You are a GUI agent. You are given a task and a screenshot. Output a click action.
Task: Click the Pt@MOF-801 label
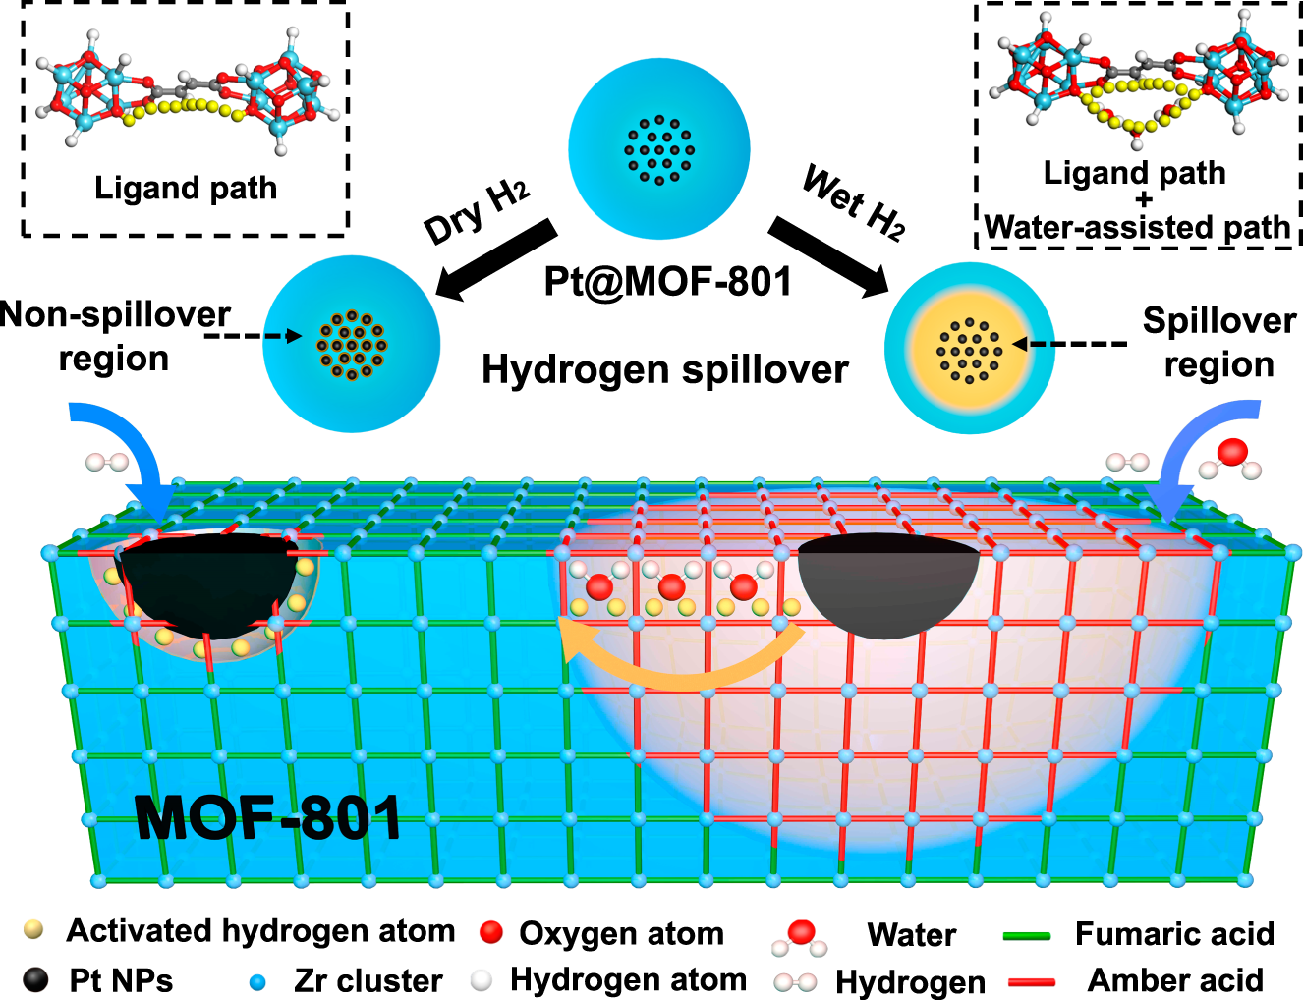pos(667,282)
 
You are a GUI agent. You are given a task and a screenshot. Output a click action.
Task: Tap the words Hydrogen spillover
pos(664,369)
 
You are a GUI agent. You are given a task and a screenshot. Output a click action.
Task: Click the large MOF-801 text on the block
pos(268,817)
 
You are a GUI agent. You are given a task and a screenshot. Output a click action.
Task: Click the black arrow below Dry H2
pos(496,259)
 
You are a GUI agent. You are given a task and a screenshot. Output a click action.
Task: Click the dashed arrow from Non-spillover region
pos(254,336)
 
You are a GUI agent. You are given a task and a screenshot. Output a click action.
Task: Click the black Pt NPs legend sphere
pos(35,979)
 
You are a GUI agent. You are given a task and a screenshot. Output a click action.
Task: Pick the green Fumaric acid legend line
pos(1027,936)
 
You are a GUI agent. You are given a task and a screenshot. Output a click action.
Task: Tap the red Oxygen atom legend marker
pos(491,932)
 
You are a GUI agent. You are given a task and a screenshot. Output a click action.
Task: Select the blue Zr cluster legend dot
pos(257,981)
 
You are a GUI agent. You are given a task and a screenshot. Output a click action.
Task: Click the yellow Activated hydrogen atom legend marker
pos(34,929)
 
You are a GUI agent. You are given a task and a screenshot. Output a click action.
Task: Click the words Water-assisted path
pos(1137,228)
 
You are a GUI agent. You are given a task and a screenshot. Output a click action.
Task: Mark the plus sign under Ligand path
pos(1143,200)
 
